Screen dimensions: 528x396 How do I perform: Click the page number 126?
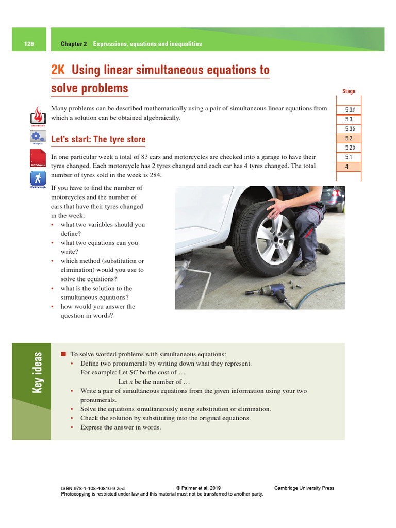click(29, 44)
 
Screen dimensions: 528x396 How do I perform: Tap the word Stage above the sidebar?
click(349, 91)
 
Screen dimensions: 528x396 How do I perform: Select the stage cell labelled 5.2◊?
click(349, 148)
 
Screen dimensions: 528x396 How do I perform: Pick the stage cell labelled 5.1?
click(349, 157)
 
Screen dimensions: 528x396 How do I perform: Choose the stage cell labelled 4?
click(347, 167)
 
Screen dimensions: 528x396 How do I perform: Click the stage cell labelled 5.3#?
click(349, 110)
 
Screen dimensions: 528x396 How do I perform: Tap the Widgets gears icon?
click(38, 137)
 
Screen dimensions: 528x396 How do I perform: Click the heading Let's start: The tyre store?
click(98, 139)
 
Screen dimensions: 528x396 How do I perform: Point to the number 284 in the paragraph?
click(155, 175)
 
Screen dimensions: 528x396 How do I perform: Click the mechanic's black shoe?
click(305, 268)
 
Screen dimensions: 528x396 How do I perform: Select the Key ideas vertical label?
click(38, 372)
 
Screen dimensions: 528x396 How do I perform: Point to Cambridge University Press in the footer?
click(304, 488)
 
